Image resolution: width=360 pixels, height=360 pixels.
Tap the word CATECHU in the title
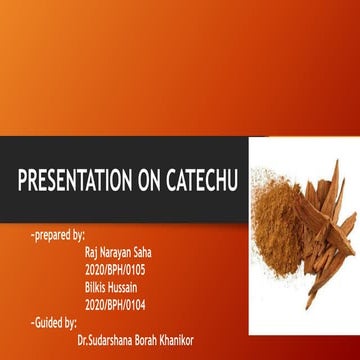[x=196, y=181]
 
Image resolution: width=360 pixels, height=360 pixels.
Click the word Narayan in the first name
[x=121, y=253]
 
